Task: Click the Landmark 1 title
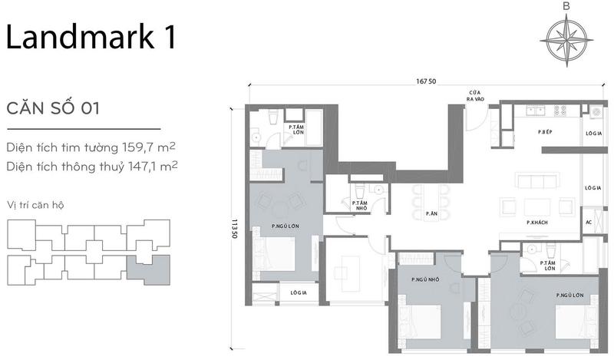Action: click(91, 36)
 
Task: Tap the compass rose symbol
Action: click(566, 41)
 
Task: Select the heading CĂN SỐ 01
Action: click(53, 107)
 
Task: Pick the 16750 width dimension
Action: click(426, 81)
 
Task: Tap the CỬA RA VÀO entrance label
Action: click(475, 96)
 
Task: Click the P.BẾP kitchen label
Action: click(545, 132)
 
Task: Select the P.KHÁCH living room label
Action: click(537, 223)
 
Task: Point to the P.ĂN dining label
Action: click(431, 213)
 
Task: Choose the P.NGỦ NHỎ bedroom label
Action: click(425, 279)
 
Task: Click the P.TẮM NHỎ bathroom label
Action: click(359, 206)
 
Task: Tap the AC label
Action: click(589, 222)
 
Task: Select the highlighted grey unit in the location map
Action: click(149, 269)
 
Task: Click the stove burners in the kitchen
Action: click(560, 111)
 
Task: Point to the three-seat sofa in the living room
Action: click(537, 182)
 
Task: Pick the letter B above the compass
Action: click(566, 6)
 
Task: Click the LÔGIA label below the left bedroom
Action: click(299, 292)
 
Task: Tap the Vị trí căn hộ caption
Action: click(35, 205)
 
